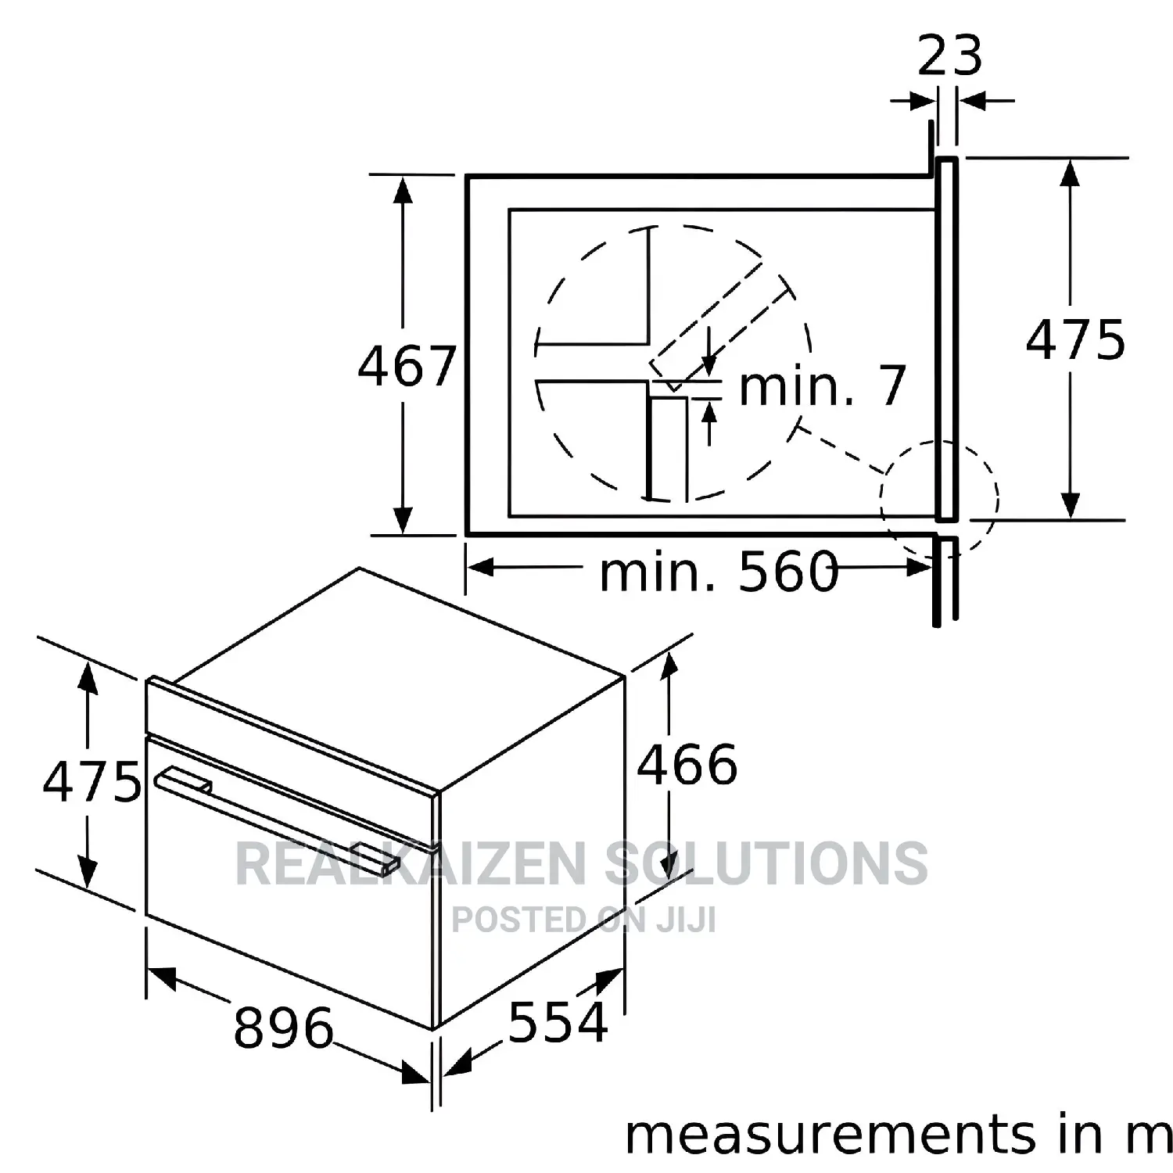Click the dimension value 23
pos(949,56)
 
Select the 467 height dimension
pos(407,365)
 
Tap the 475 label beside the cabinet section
pos(1075,339)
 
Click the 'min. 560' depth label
pos(719,571)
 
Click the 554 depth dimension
pos(558,1021)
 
